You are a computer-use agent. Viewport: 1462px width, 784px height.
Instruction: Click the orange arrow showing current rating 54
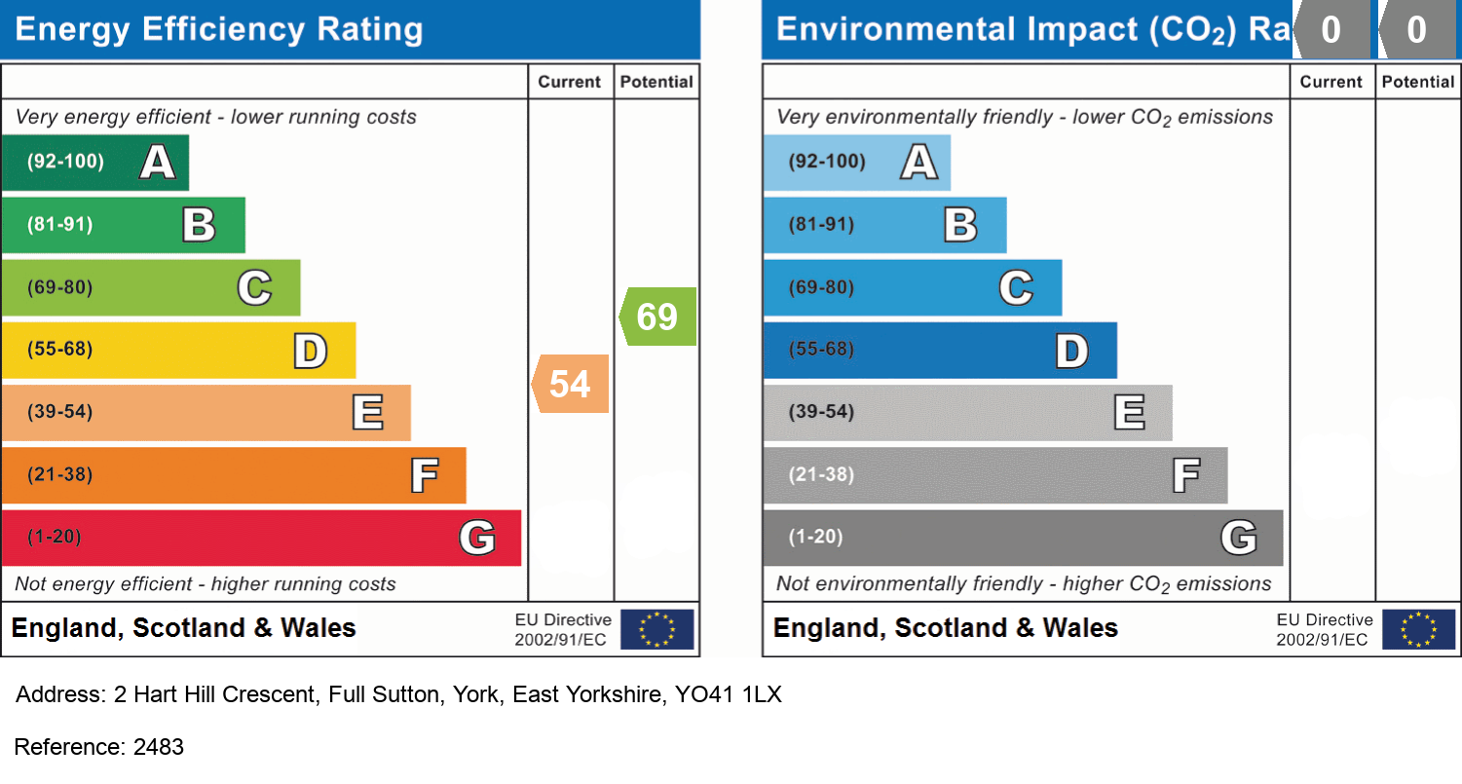(571, 384)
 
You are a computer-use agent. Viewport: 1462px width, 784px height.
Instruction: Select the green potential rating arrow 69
(658, 317)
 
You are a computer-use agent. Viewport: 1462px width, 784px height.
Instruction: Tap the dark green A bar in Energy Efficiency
(94, 162)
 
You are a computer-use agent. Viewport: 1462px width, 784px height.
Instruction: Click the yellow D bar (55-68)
(178, 350)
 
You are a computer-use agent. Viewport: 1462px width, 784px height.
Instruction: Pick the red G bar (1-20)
(261, 538)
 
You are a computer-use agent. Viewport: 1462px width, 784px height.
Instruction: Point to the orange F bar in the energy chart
(234, 475)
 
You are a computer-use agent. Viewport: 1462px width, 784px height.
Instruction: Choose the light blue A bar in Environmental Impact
(856, 162)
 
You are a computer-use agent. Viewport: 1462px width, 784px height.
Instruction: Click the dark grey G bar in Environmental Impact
(1023, 538)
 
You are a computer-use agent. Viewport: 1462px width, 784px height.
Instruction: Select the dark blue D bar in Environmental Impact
(940, 350)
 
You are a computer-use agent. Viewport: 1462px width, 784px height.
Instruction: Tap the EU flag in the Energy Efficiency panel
(657, 629)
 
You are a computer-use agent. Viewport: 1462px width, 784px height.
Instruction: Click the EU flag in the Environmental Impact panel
(1419, 629)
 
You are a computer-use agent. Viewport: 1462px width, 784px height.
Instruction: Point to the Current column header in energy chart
(570, 82)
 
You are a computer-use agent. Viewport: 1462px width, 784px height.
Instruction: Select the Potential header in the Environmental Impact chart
(1418, 82)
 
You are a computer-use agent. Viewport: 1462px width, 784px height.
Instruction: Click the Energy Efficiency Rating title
(219, 30)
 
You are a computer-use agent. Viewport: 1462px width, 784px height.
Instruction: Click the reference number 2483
(159, 747)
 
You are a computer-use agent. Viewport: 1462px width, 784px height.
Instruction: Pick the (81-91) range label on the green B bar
(59, 225)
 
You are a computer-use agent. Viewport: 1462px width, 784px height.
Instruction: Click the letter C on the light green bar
(254, 287)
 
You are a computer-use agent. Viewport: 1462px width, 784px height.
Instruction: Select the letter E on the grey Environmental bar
(1130, 412)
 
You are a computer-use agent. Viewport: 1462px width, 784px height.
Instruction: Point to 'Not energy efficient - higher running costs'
(206, 584)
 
